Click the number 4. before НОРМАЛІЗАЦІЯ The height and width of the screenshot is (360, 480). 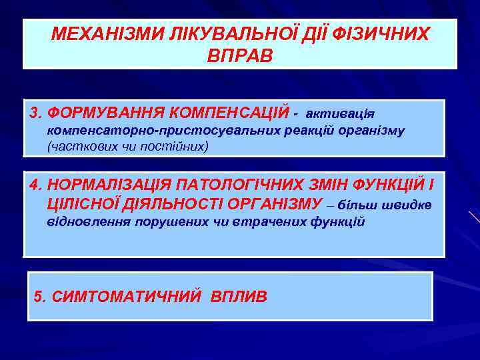point(36,184)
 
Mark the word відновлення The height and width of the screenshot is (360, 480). point(89,221)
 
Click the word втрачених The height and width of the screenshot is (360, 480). point(270,221)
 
